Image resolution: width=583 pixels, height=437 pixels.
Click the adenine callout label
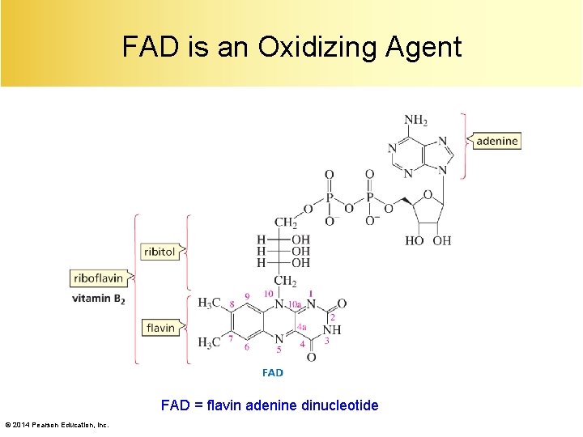496,141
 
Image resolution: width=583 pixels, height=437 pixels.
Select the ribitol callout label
160,252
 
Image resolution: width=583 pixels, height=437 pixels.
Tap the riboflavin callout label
98,278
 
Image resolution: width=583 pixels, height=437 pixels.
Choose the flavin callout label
160,328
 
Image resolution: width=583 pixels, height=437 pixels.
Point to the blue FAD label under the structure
273,372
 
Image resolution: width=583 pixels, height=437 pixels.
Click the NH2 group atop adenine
415,121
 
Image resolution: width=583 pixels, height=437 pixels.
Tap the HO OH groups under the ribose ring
428,240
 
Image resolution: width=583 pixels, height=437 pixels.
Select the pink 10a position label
295,304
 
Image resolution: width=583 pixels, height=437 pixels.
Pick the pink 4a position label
301,326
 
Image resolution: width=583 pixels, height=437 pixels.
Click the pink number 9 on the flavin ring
247,296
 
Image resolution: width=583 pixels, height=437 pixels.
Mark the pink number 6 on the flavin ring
247,347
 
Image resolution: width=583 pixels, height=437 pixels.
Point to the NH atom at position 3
332,330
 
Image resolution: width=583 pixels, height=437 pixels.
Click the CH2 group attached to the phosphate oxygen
286,222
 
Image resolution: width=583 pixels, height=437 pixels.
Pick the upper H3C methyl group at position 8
210,303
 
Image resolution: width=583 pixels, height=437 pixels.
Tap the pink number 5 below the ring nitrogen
279,350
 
